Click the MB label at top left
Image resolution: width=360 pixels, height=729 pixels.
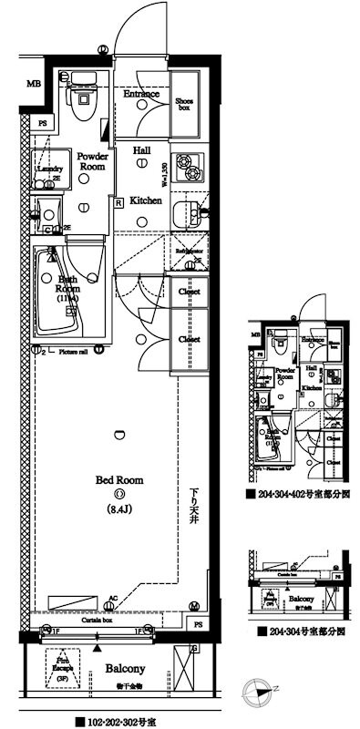coord(34,85)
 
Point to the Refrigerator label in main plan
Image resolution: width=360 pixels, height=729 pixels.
coord(188,252)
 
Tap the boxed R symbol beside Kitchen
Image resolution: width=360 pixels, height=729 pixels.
coord(118,202)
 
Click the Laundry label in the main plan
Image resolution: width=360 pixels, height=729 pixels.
coord(46,169)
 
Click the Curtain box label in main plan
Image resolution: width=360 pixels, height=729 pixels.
coord(97,620)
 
